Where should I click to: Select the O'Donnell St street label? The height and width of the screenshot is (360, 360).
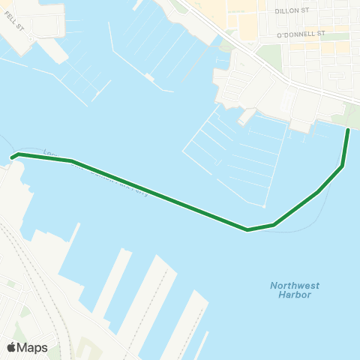coord(300,34)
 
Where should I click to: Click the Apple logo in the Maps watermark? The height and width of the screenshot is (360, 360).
coord(11,347)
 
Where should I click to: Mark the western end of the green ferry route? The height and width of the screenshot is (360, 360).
coord(13,157)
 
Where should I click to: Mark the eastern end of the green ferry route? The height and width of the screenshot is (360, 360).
coord(348,130)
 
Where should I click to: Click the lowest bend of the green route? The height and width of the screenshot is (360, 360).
coord(247,229)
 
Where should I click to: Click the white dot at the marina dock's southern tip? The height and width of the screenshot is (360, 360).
coord(265,206)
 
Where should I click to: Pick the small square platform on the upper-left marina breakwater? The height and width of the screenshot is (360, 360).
coord(151,76)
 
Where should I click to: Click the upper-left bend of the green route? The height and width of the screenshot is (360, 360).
coord(71,160)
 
